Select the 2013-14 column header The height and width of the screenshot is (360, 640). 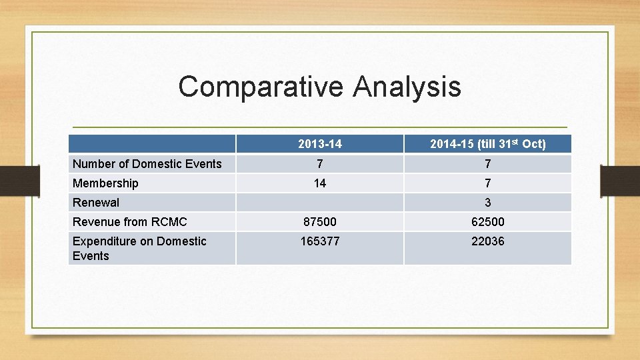click(320, 144)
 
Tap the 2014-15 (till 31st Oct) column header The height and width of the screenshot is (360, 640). click(487, 144)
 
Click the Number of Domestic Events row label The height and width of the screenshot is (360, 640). click(147, 164)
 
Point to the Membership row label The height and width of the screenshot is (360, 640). click(105, 183)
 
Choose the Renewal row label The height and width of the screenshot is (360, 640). click(96, 203)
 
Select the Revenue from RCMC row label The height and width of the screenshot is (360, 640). click(129, 222)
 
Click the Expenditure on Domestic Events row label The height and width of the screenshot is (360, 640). click(139, 248)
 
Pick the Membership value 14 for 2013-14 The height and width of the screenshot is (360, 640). click(320, 183)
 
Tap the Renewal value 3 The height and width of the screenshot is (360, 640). click(487, 203)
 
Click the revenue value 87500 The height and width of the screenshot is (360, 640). click(320, 222)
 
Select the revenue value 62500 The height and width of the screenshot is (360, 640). click(487, 222)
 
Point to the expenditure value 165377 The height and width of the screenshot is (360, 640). click(320, 241)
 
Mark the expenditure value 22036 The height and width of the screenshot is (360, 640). click(487, 241)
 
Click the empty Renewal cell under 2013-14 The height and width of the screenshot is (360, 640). click(320, 203)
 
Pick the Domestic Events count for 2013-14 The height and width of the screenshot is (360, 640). click(320, 164)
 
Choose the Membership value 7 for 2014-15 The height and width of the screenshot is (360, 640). click(487, 183)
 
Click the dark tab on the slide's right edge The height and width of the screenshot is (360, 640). click(620, 181)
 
